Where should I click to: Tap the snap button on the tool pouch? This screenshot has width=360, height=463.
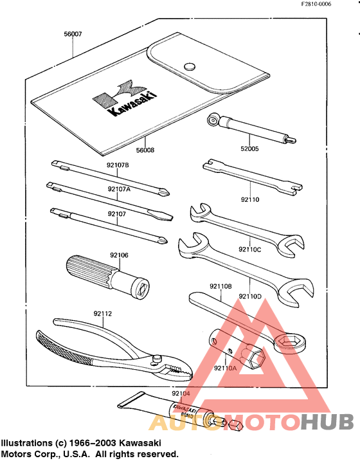click(x=189, y=65)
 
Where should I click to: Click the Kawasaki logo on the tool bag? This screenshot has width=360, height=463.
click(x=118, y=99)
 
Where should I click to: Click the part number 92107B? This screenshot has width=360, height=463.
click(x=118, y=165)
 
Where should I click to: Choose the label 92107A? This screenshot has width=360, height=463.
click(x=119, y=189)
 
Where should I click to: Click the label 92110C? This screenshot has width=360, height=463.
click(x=250, y=249)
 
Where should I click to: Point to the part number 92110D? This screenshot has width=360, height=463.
click(x=250, y=296)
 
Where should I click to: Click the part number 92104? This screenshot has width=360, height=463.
click(x=181, y=393)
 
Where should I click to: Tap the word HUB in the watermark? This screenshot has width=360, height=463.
click(x=327, y=422)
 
